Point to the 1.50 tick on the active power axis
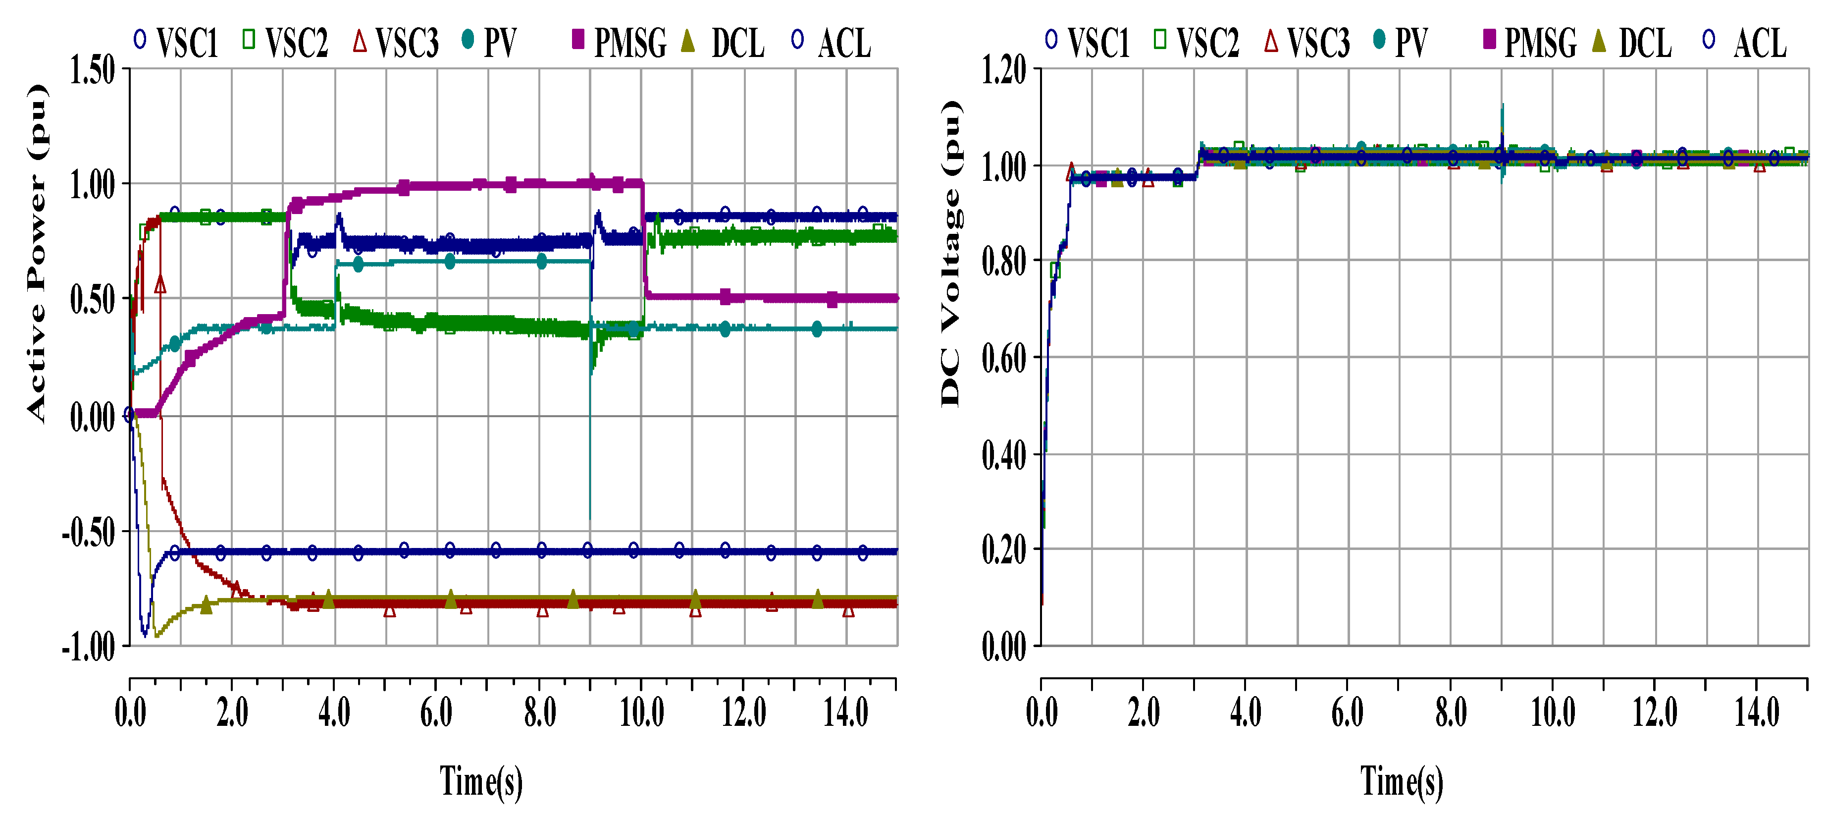point(92,70)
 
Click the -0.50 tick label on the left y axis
point(89,533)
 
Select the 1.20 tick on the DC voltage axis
point(1003,70)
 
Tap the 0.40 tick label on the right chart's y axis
point(1003,455)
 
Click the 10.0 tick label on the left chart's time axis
point(641,712)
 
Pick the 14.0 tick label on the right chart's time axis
point(1756,712)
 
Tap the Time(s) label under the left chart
point(481,782)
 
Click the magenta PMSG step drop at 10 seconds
point(644,241)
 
